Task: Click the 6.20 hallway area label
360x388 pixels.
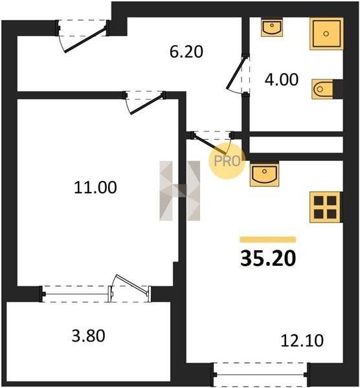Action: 186,52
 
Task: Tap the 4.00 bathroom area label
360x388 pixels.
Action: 282,80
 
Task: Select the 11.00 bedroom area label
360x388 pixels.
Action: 95,188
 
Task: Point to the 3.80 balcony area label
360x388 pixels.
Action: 89,336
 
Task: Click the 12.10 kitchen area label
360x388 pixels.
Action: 302,341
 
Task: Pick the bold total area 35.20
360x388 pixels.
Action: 268,258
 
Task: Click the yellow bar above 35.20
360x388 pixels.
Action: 268,239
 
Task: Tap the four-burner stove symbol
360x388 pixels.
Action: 325,207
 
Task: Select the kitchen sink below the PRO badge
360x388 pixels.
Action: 264,175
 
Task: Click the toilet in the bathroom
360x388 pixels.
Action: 322,89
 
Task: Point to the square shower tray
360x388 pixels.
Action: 326,34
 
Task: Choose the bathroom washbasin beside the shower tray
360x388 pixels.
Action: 272,27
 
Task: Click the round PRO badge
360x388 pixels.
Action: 227,161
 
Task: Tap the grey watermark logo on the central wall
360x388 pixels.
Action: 180,191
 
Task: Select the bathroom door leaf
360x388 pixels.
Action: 236,73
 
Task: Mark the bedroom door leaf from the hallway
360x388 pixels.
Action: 147,104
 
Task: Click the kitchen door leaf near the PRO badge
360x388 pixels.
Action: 210,144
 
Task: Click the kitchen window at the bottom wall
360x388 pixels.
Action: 262,374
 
